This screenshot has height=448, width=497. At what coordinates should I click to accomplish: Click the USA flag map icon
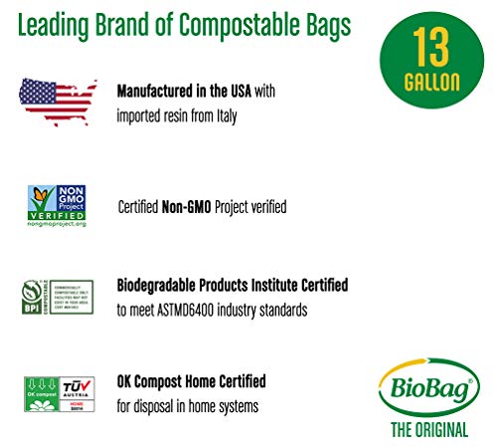58,102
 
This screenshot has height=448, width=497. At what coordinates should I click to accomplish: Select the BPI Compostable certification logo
57,298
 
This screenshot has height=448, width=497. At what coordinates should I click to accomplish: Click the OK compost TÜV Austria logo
57,395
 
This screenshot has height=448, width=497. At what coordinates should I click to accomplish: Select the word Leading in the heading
56,24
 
